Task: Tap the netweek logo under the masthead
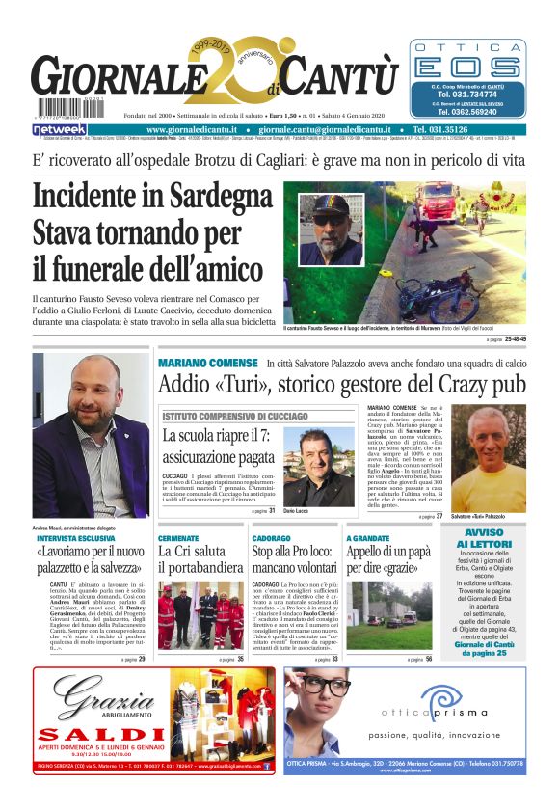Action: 60,129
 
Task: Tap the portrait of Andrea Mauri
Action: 90,435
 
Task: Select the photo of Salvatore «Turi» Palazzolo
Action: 489,457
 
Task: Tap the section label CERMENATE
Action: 178,537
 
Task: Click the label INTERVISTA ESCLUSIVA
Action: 70,538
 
